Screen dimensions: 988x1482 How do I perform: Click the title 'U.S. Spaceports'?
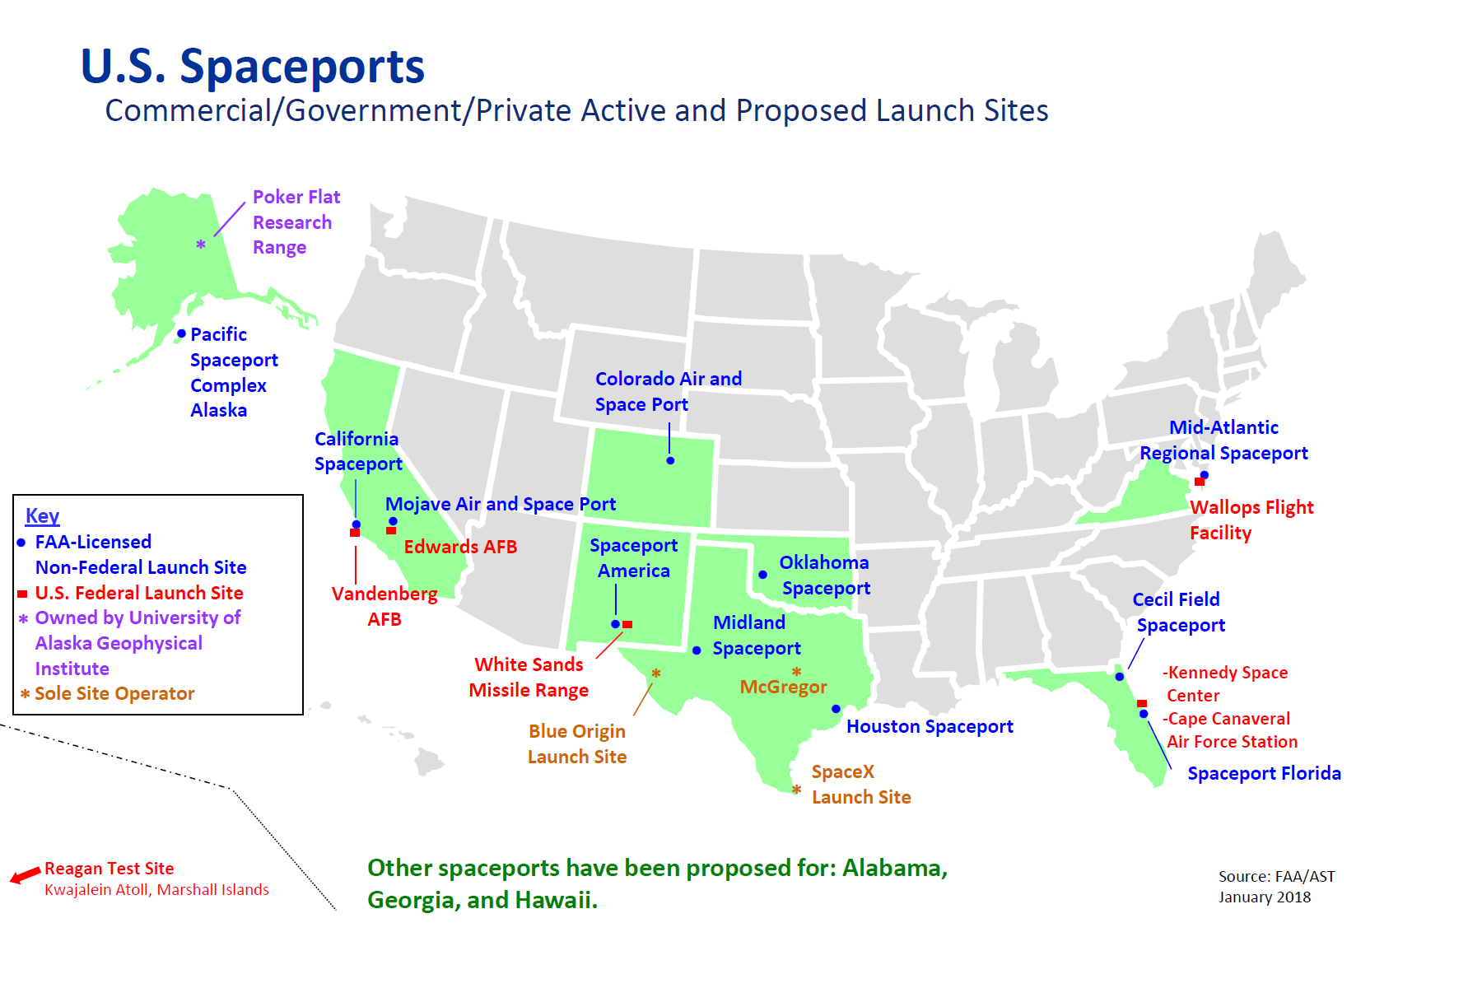point(252,66)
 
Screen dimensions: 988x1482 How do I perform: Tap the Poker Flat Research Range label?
point(295,222)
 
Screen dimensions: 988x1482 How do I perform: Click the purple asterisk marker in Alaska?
point(201,245)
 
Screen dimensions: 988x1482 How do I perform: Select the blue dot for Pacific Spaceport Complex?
point(181,333)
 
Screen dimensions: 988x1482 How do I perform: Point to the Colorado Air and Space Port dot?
point(670,460)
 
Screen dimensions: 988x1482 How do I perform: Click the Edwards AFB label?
point(460,547)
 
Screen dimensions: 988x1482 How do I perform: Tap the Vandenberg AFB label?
point(384,606)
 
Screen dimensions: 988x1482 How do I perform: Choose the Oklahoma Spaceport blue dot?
point(762,575)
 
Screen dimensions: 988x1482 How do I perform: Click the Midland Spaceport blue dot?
point(697,650)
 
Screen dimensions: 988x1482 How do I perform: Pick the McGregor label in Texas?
point(783,687)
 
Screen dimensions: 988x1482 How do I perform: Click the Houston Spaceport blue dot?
point(836,709)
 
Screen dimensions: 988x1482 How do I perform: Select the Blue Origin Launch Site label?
point(577,743)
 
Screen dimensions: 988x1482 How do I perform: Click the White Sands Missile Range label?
point(529,677)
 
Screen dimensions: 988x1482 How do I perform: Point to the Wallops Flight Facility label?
point(1251,520)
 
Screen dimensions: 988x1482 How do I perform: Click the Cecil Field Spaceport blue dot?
point(1120,677)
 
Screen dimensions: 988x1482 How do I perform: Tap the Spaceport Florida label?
point(1264,773)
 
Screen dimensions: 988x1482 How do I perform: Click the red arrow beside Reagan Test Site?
point(25,874)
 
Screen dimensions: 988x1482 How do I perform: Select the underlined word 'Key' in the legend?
point(42,516)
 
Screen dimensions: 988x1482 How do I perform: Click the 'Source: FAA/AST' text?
point(1276,877)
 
